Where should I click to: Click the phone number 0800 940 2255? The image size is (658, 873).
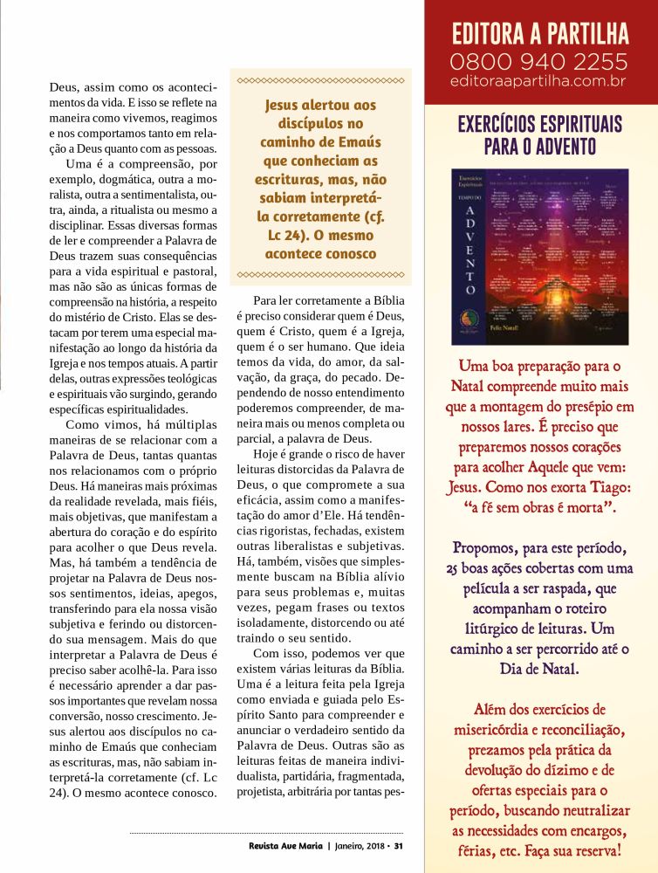point(539,61)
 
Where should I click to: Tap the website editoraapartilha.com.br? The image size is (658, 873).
point(539,81)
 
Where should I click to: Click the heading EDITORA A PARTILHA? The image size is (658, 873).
point(539,34)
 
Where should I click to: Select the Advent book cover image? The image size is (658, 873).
point(539,257)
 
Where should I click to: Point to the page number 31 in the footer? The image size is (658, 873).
point(399,845)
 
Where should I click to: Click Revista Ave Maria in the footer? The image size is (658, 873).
point(284,845)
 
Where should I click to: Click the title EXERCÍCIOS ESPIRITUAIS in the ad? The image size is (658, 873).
point(539,123)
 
